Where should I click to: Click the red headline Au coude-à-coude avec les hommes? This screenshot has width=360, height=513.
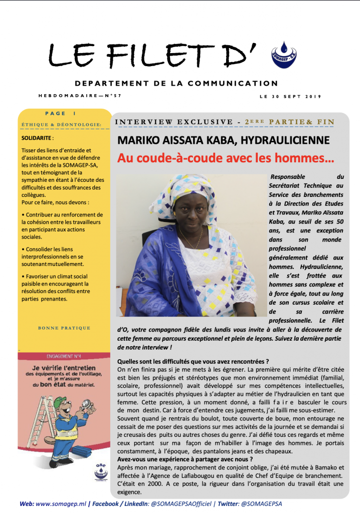pos(226,159)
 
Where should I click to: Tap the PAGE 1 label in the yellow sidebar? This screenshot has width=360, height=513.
pos(60,114)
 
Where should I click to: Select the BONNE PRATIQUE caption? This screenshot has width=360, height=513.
pos(64,328)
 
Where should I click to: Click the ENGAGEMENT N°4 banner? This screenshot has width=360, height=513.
pos(64,356)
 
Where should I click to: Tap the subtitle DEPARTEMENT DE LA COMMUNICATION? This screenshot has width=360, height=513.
pos(176,84)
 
